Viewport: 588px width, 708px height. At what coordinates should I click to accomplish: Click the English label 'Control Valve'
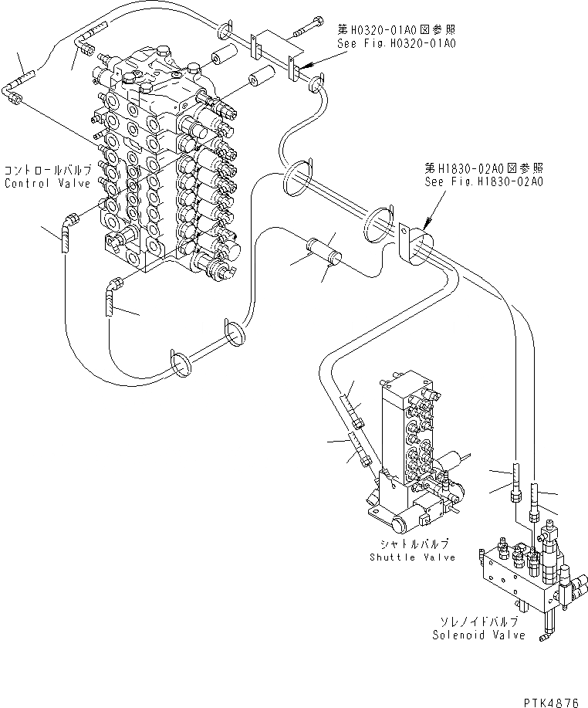tap(48, 184)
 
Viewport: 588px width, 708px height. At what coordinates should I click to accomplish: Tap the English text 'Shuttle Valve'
tap(411, 557)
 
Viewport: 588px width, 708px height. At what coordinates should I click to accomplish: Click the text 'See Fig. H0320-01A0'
tap(397, 43)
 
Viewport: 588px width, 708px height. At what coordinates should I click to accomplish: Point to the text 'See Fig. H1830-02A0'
tap(484, 181)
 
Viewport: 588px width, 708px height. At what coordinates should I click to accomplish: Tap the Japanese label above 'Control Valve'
tap(48, 170)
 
